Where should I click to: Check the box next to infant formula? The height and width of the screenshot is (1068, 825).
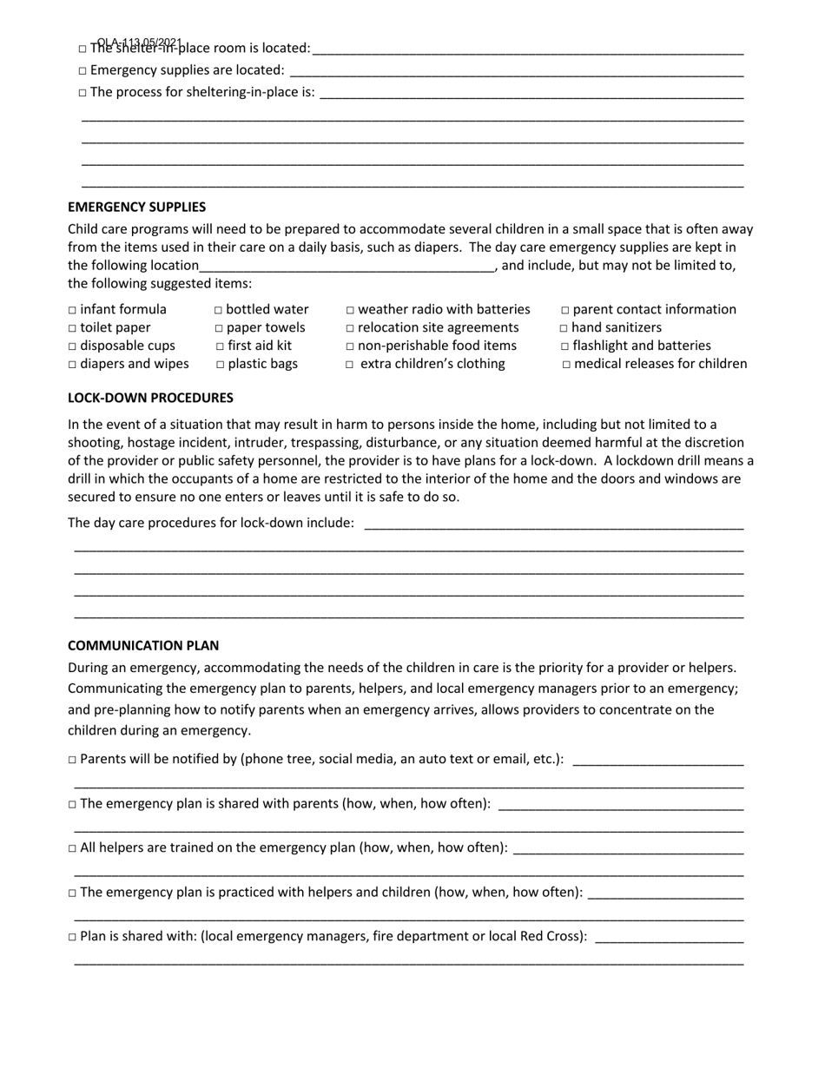point(72,310)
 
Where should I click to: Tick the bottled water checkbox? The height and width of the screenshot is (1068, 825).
point(218,310)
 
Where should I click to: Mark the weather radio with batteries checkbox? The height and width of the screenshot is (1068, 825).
point(350,310)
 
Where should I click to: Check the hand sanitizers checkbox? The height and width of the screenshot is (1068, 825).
point(564,328)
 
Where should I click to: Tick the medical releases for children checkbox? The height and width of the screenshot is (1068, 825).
point(566,365)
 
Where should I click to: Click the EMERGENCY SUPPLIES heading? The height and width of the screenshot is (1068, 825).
point(136,208)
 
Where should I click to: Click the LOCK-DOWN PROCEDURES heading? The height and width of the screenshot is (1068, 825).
point(150,398)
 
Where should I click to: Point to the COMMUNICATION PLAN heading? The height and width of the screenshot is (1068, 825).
point(143,646)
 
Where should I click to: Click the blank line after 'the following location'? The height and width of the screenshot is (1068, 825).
point(347,267)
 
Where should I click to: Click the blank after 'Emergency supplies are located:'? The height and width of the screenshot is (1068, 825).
point(517,71)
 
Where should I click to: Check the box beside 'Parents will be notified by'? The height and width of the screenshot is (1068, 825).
point(72,760)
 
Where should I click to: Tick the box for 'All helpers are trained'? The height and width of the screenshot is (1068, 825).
point(72,848)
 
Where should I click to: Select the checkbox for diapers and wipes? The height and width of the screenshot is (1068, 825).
point(72,365)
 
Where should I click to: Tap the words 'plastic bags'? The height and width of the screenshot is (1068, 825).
point(262,364)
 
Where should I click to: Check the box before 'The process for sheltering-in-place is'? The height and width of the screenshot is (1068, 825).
point(82,93)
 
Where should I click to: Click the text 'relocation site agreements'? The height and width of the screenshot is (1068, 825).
point(438,327)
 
